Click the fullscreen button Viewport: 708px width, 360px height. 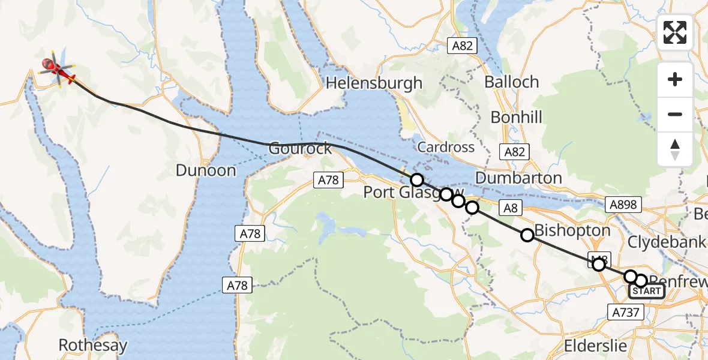[675, 32]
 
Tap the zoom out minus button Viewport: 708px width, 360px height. [675, 114]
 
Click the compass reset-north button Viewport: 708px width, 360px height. [675, 149]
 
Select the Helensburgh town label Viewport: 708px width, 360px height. [374, 83]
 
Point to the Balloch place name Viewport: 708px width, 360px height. [512, 82]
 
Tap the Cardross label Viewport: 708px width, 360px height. [446, 147]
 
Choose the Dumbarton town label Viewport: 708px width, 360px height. [518, 178]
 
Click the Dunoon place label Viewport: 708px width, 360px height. [206, 170]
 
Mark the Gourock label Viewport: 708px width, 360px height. [300, 148]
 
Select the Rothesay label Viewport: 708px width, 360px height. [93, 346]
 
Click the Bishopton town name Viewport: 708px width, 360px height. [572, 230]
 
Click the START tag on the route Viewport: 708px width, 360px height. [646, 292]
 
